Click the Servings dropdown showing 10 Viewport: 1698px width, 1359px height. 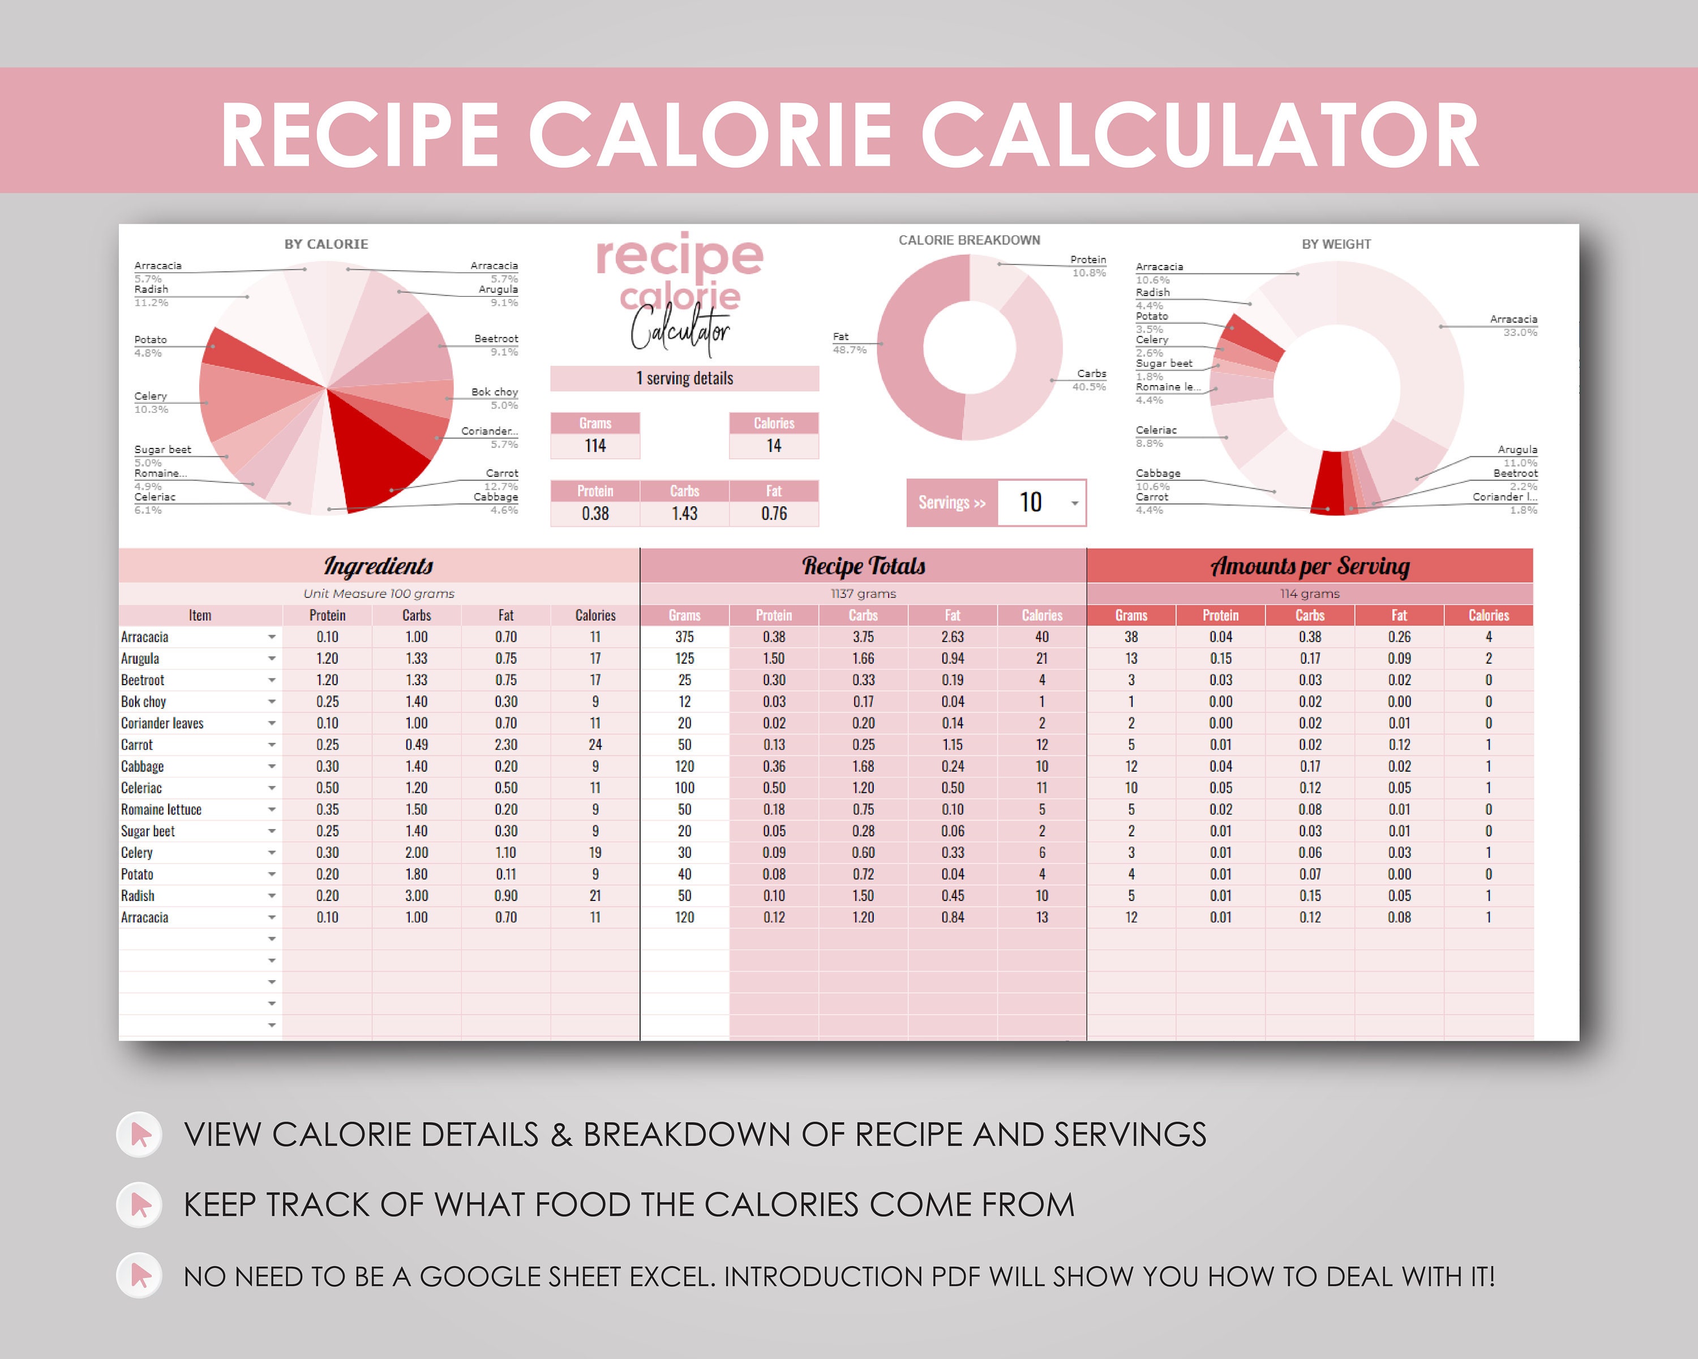coord(1041,503)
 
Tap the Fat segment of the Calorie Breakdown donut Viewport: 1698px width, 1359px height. coord(917,347)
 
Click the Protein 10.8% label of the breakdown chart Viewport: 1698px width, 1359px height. coord(1088,266)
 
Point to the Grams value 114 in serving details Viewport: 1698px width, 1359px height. coord(595,446)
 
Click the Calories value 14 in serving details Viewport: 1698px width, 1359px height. coord(774,446)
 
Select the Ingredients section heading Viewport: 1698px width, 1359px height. coord(379,566)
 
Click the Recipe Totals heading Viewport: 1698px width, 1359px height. coord(863,566)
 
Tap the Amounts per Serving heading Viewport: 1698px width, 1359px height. coord(1310,566)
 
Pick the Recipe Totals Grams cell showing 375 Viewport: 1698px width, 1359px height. coord(684,636)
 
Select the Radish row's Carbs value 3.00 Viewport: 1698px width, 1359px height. coord(417,896)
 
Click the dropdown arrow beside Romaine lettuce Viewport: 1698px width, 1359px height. coord(272,810)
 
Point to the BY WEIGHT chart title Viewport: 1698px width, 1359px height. coord(1336,244)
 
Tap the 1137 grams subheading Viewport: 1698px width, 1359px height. coord(863,593)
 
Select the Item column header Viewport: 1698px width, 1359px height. coord(200,616)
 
